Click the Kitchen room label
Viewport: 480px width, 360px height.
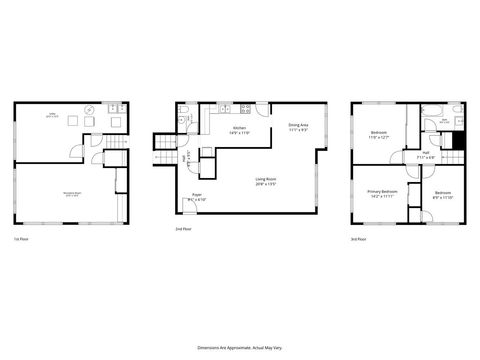tap(240, 130)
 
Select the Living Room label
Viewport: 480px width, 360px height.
tap(266, 181)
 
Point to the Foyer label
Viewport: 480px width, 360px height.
tap(195, 197)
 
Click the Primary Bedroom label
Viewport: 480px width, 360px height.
tap(381, 193)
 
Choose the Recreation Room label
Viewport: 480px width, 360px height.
tap(72, 195)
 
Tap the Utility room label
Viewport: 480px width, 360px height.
tap(52, 115)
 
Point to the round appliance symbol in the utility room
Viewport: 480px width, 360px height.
tap(90, 108)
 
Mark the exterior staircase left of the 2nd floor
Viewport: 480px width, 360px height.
tap(163, 144)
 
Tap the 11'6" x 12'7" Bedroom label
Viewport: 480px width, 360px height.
tap(379, 133)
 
